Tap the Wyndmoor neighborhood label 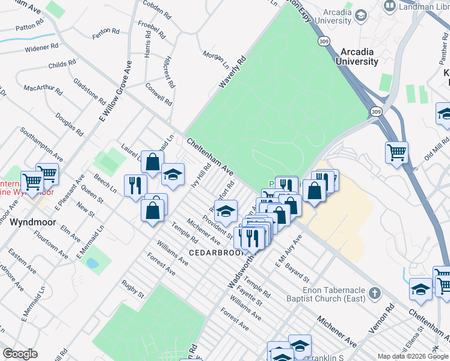click(33, 222)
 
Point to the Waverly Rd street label click(233, 73)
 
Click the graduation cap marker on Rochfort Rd click(226, 212)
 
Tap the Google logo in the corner click(20, 354)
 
